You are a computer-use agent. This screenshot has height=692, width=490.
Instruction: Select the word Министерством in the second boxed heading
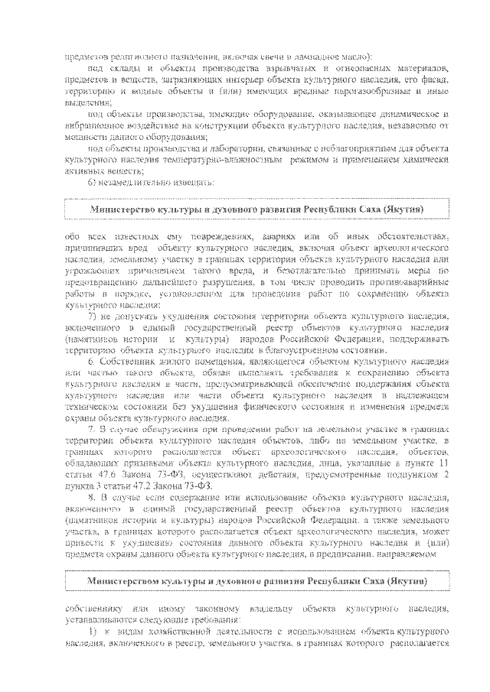point(126,581)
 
